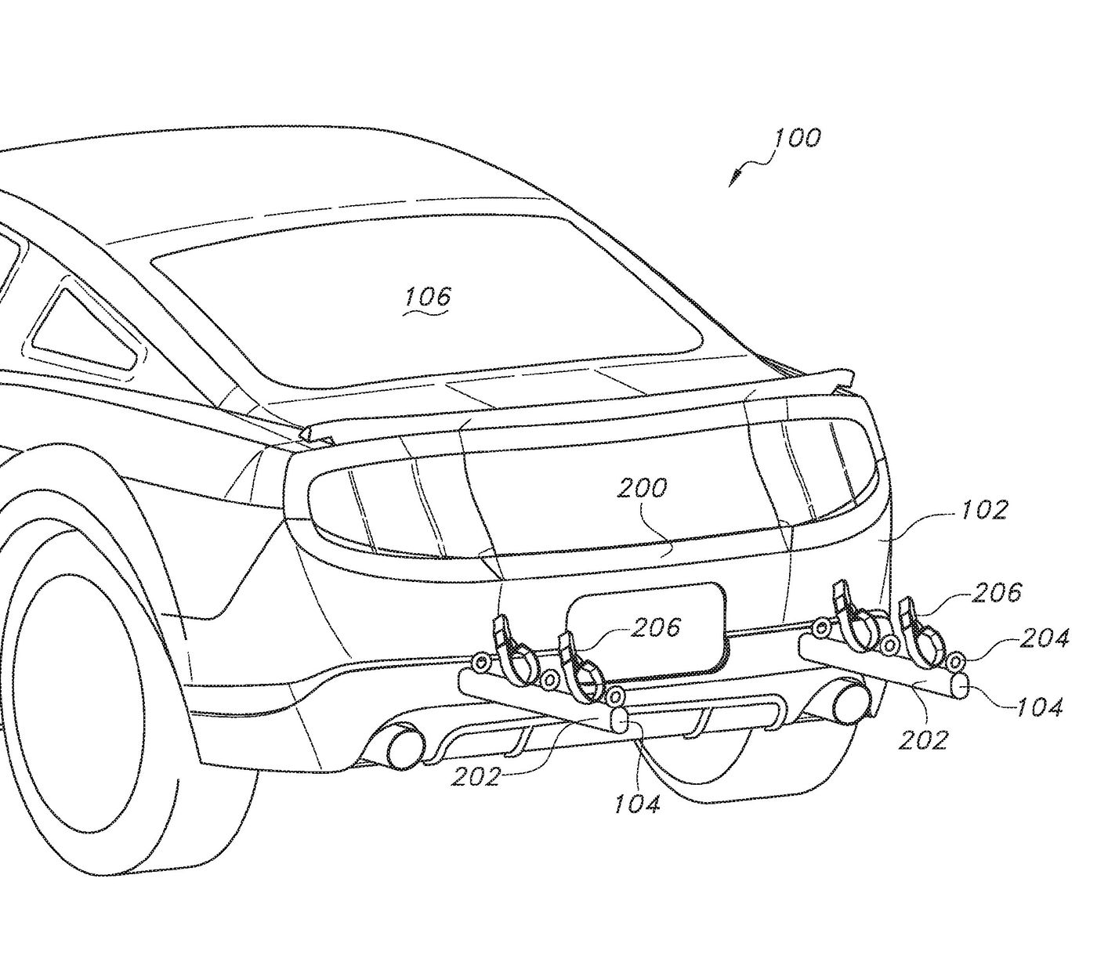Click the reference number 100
tap(798, 139)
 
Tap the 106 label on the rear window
tap(429, 297)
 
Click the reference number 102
tap(985, 510)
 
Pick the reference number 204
tap(1044, 638)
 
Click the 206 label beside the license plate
tap(656, 627)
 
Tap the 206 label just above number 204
tap(997, 592)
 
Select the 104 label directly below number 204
tap(1040, 707)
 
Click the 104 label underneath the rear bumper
tap(638, 802)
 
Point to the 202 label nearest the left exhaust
tap(476, 775)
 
